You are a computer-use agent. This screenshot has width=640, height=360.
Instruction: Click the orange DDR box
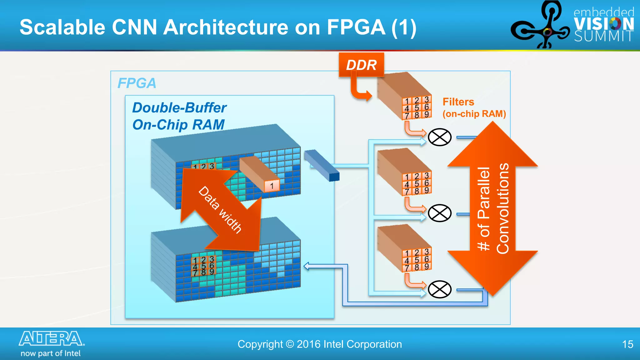coord(361,65)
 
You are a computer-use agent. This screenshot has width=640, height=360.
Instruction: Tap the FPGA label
coord(137,83)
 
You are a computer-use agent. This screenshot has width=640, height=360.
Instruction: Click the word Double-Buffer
coord(179,108)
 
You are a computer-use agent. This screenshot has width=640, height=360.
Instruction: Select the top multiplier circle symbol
coord(439,137)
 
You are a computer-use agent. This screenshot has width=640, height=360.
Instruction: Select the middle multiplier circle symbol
coord(439,213)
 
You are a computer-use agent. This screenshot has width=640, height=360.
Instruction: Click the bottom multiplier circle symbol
coord(439,289)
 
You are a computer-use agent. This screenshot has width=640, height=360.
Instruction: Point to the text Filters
coord(458,102)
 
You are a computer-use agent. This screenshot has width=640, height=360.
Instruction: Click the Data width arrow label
coord(220,210)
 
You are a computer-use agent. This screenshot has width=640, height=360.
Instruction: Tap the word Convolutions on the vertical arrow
coord(503,208)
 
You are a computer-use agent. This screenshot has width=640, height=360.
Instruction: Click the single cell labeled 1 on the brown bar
coord(272,186)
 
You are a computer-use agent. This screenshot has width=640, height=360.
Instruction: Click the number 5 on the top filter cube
coord(417,107)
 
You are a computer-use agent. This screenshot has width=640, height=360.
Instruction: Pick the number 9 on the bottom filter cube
coord(427,266)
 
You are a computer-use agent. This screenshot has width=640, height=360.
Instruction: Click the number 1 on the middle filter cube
coord(407,177)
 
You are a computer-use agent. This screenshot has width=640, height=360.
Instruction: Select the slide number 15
coord(627,344)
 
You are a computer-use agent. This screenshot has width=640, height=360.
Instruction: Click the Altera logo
coord(52,339)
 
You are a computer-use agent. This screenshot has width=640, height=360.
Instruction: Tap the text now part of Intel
coord(51,353)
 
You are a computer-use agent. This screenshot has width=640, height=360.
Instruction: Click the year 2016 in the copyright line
coord(308,344)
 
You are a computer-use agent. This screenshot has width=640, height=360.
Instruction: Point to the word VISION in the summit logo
coord(603,24)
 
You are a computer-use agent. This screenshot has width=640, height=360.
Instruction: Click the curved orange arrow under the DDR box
coord(359,89)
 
